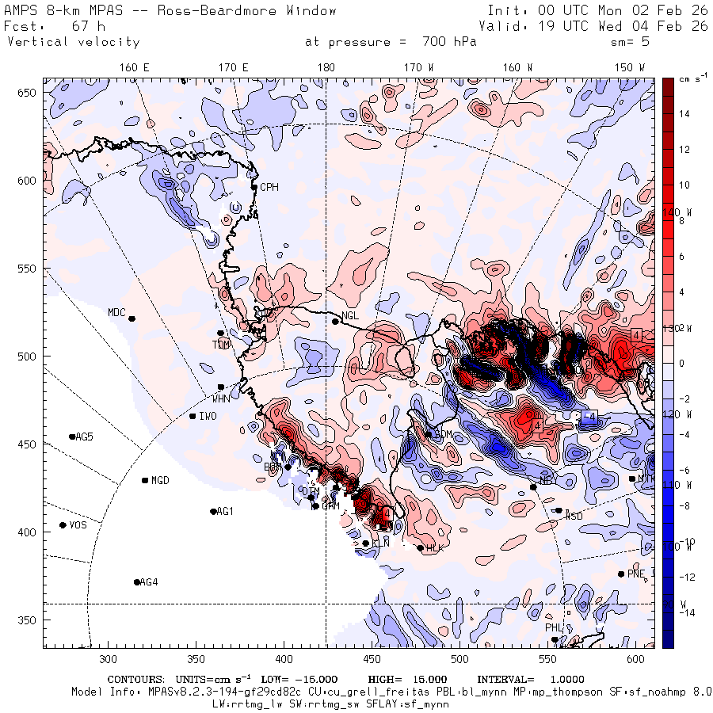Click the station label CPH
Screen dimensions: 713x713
pyautogui.click(x=270, y=188)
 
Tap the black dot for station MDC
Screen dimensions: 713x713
pyautogui.click(x=132, y=318)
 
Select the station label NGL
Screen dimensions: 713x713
pyautogui.click(x=351, y=315)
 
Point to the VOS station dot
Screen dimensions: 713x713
pyautogui.click(x=63, y=525)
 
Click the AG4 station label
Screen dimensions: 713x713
pyautogui.click(x=149, y=582)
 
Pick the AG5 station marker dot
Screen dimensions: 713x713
pyautogui.click(x=72, y=437)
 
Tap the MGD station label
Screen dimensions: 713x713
pyautogui.click(x=160, y=481)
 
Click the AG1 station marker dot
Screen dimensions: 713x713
pyautogui.click(x=213, y=512)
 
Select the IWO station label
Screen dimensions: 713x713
pyautogui.click(x=208, y=417)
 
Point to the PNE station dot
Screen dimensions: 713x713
pyautogui.click(x=621, y=574)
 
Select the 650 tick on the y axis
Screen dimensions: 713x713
pyautogui.click(x=29, y=93)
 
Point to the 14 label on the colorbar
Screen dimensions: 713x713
pyautogui.click(x=684, y=114)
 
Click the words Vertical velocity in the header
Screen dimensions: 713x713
pyautogui.click(x=73, y=42)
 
